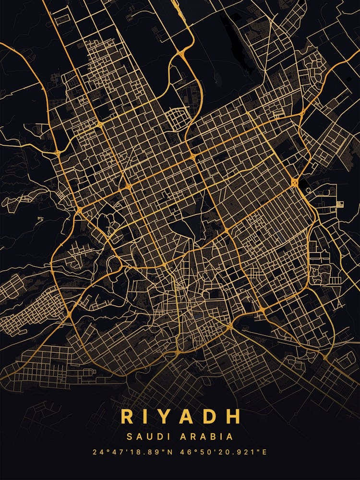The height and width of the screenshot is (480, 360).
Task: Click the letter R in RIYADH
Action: tap(128, 416)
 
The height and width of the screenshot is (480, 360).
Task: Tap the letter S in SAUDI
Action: tap(129, 437)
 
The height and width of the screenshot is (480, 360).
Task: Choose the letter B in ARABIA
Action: tap(212, 437)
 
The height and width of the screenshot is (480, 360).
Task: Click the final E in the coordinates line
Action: tap(264, 452)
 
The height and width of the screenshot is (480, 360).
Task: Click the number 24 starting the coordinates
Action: tap(98, 452)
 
